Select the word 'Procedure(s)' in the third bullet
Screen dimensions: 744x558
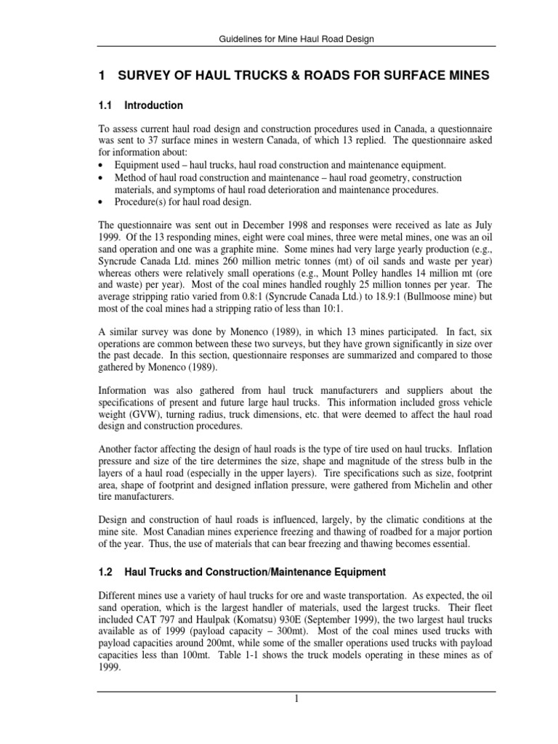click(141, 201)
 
